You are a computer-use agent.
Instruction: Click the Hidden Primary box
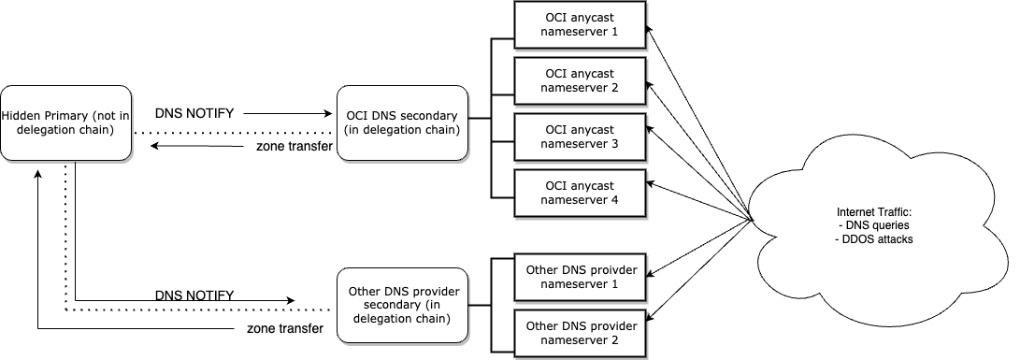[x=64, y=122]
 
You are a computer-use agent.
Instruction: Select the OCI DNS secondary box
[x=402, y=122]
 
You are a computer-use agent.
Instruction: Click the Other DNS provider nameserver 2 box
[x=581, y=333]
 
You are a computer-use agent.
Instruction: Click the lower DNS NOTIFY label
[x=194, y=295]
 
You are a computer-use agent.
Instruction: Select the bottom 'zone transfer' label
[x=285, y=328]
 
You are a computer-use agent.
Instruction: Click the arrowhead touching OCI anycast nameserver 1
[x=651, y=31]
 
